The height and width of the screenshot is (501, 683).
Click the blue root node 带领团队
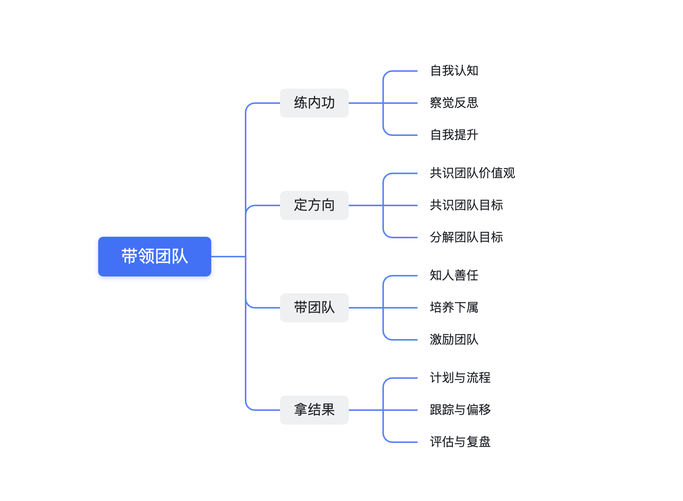(154, 256)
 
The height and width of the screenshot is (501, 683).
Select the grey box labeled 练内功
(314, 103)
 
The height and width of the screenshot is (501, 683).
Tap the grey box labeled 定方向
(314, 205)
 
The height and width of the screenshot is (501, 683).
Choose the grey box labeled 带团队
(314, 307)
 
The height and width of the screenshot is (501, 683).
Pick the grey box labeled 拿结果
(314, 410)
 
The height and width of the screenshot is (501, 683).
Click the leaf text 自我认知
(454, 71)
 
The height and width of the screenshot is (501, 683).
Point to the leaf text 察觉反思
(454, 103)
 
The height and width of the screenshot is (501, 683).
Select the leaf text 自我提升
(454, 135)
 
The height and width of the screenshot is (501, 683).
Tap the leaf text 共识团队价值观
(472, 173)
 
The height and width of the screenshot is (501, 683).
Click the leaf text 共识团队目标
(466, 205)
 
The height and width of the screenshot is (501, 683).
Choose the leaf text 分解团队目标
(466, 237)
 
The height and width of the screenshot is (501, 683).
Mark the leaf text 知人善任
(454, 275)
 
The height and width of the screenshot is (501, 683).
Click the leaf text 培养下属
(454, 307)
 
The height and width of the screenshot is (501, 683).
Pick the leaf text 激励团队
(454, 339)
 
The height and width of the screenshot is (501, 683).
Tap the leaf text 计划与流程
(460, 378)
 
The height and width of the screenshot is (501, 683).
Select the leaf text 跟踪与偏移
(460, 410)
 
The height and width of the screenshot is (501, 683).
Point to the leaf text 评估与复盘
(460, 442)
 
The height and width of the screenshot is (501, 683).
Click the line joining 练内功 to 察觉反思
(401, 103)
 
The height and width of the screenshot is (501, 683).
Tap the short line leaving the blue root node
(228, 257)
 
